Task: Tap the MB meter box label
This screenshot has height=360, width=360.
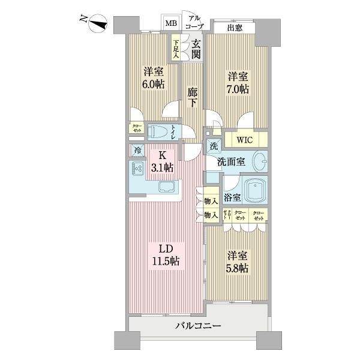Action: coord(172,23)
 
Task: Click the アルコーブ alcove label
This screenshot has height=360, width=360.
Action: coord(194,22)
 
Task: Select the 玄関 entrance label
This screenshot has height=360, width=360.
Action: coord(196,49)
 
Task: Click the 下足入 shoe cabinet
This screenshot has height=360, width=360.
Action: coord(176,49)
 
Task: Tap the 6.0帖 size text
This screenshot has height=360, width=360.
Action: coord(153,85)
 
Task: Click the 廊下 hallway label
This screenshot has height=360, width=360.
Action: coord(191,97)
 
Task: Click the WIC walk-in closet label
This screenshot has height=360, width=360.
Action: coord(244,140)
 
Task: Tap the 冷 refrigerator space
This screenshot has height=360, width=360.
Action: coord(137,151)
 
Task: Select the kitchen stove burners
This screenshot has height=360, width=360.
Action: coord(137,170)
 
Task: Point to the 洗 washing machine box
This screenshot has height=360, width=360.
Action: coord(213,146)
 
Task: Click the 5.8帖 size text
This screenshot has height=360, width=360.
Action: coord(238,268)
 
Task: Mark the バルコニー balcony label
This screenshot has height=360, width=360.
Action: coord(198,326)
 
